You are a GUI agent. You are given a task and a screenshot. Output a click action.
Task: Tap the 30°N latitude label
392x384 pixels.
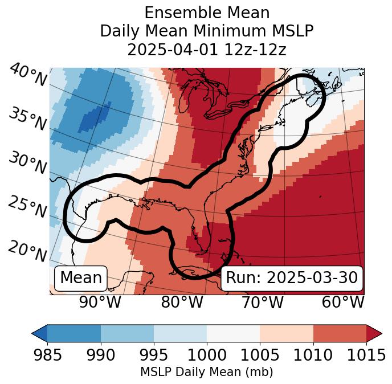coord(27,164)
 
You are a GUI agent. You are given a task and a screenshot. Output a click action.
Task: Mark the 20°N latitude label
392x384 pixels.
coord(27,251)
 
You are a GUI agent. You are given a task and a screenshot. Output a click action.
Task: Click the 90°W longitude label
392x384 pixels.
coord(100,302)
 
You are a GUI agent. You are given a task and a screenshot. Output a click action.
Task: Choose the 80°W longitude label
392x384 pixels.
coord(182,302)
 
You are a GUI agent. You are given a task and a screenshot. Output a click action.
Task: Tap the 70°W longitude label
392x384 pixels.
coord(262,302)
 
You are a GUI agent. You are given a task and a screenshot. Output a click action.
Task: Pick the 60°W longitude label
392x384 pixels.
coord(343,302)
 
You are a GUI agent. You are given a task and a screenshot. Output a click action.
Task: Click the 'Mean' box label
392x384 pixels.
coord(81,278)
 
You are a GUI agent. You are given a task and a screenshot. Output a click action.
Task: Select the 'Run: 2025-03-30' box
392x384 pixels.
coord(292,278)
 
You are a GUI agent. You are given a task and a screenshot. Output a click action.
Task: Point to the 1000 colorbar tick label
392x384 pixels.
coord(207,355)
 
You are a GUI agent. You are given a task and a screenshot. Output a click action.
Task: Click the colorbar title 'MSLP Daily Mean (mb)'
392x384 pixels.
coord(207,373)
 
